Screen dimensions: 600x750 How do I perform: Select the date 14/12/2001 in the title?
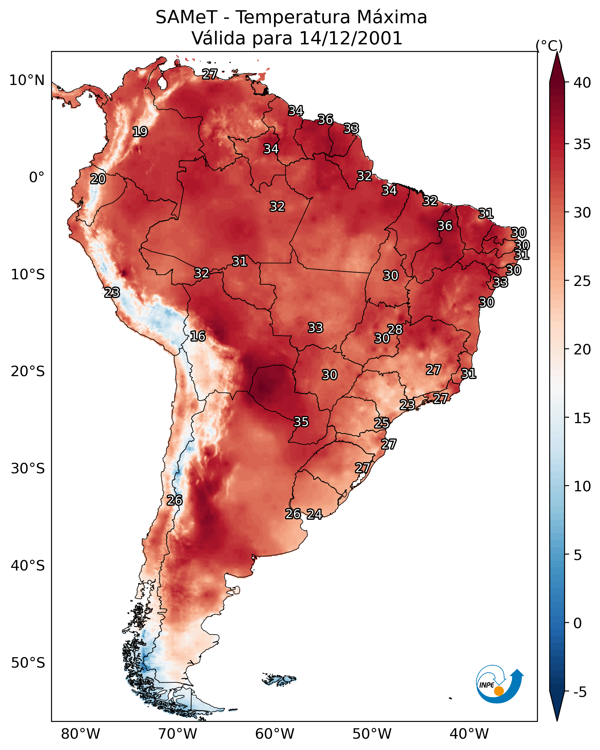[x=351, y=38]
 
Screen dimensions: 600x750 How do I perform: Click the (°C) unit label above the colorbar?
[x=549, y=46]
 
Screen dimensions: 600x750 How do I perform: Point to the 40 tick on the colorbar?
[x=582, y=83]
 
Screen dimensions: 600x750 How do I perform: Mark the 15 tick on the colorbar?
[x=582, y=418]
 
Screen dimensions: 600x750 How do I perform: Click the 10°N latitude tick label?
[x=27, y=80]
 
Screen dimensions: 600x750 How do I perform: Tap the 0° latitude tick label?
[x=37, y=177]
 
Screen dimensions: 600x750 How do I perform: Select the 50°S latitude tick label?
[x=28, y=663]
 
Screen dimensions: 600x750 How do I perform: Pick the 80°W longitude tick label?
[x=80, y=734]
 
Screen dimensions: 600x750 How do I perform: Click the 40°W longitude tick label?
[x=469, y=734]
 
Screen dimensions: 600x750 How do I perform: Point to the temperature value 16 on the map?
[x=198, y=336]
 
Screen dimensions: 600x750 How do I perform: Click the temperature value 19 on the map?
[x=140, y=132]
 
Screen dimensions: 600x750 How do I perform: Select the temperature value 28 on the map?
[x=395, y=329]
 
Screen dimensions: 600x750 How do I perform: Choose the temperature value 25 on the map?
[x=382, y=423]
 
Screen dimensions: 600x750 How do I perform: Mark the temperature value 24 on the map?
[x=314, y=514]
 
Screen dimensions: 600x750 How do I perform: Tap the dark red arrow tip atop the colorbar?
[x=557, y=52]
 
